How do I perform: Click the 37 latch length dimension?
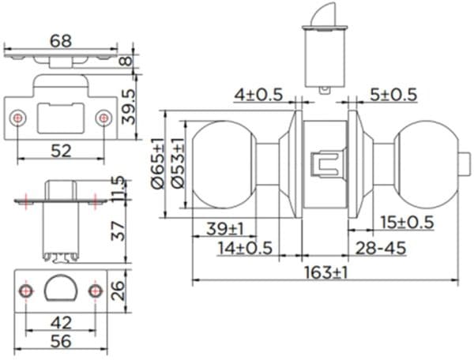click(118, 231)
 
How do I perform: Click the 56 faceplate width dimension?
click(61, 342)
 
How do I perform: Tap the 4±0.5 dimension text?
click(258, 95)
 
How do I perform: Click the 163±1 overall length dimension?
click(326, 272)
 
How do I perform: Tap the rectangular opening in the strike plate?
click(61, 117)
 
